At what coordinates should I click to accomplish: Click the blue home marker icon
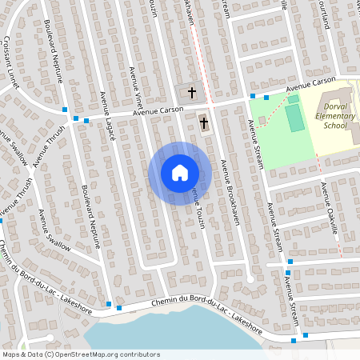click(x=179, y=173)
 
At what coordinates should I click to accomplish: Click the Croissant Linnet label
click(x=12, y=58)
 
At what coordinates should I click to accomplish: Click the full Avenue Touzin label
click(x=197, y=208)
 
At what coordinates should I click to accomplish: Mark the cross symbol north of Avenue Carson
click(x=191, y=93)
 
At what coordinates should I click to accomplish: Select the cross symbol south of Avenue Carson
click(x=204, y=123)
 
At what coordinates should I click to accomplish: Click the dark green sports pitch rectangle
click(x=294, y=117)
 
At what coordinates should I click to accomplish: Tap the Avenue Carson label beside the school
click(x=311, y=84)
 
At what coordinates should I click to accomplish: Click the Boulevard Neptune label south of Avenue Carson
click(x=90, y=218)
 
